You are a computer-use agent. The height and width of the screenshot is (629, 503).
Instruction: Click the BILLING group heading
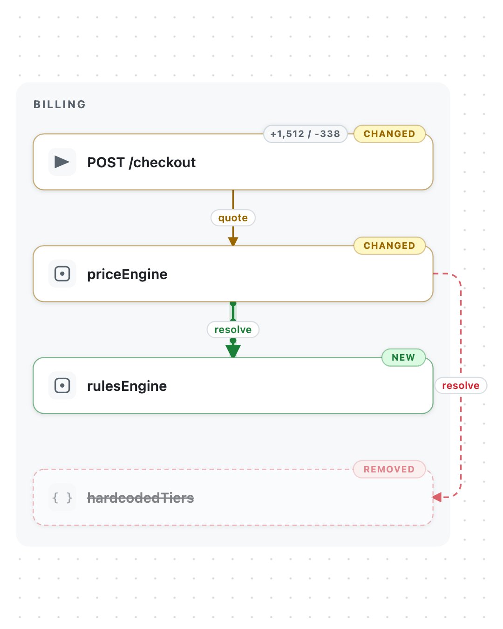pos(60,104)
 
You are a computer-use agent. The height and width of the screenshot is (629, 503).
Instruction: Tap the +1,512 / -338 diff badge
pos(305,134)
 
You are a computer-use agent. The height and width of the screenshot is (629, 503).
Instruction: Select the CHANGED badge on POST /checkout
pos(389,134)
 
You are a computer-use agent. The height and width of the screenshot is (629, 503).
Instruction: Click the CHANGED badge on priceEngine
pos(389,246)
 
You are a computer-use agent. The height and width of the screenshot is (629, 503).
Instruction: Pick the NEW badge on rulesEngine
pos(403,357)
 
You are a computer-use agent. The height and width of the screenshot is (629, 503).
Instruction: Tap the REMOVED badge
pos(389,469)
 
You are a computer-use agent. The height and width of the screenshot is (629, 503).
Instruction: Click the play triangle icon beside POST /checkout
pos(62,162)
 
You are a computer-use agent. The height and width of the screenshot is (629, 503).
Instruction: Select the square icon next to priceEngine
pos(62,274)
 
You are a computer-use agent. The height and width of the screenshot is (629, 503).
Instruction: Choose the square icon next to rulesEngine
pos(62,385)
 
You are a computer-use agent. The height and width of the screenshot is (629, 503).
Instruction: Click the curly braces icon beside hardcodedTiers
pos(62,498)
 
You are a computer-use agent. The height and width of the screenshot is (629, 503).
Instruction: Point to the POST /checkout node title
pos(142,163)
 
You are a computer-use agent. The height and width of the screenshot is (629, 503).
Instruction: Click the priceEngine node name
pos(128,274)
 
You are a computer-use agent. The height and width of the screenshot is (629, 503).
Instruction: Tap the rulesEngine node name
pos(127,386)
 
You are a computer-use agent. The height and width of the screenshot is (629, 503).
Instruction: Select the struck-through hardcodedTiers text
pos(141,498)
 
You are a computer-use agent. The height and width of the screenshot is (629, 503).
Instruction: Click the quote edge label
pos(233,218)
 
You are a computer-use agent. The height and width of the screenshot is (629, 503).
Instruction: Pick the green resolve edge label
pos(233,330)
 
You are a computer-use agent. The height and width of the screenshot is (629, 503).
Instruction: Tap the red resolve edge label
pos(461,385)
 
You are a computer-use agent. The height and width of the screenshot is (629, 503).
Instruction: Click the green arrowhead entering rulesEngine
pos(233,351)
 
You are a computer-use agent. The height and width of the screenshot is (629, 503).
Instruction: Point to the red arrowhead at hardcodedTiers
pos(437,497)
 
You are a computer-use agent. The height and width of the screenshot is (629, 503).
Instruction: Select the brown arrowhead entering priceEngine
pos(233,241)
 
